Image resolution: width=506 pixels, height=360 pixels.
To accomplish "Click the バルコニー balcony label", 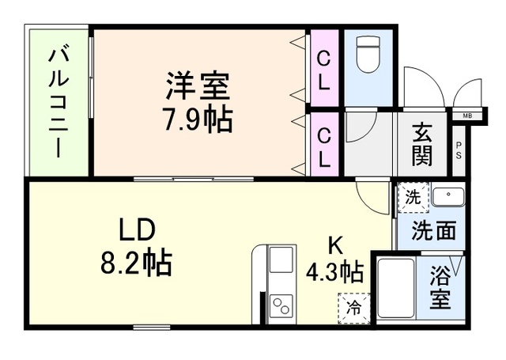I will [x=58, y=103].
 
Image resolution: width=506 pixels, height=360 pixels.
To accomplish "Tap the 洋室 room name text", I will [x=198, y=85].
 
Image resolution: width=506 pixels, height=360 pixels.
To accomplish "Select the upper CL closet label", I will [x=324, y=69].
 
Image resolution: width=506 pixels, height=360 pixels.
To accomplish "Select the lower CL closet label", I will [x=324, y=147].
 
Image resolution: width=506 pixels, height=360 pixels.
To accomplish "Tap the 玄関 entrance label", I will [x=422, y=146].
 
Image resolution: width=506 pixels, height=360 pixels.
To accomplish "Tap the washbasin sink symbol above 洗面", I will [x=447, y=196].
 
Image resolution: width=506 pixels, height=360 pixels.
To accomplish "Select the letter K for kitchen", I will [x=336, y=244].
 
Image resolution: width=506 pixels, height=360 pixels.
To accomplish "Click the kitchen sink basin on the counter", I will [x=281, y=260].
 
